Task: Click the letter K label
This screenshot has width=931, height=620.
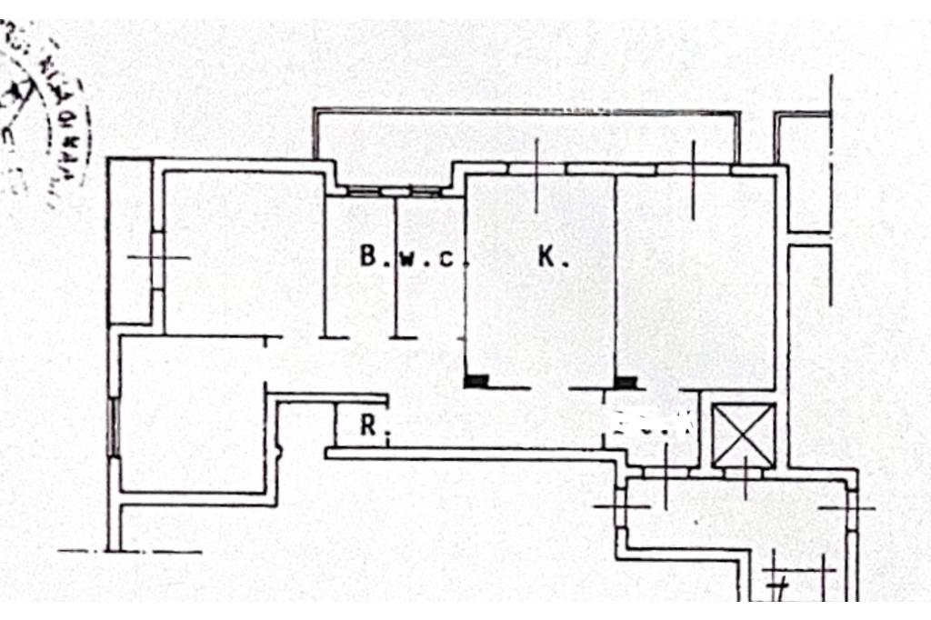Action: pos(553,258)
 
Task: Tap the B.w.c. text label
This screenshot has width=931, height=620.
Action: pos(406,257)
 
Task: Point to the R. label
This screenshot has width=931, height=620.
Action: pos(369,425)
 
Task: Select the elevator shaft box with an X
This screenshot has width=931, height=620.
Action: pos(743,435)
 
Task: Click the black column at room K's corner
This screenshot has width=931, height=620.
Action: pos(476,382)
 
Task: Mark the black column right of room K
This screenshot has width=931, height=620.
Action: pos(626,382)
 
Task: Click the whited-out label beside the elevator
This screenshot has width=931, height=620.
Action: pos(652,422)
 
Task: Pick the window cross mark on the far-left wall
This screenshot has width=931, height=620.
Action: pos(157,258)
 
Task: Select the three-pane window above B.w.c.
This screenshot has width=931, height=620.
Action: pos(395,192)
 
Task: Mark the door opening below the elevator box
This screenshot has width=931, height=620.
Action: pos(745,474)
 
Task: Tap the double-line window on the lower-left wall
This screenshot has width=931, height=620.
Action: pos(114,426)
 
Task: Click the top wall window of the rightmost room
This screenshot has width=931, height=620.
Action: pos(694,169)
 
